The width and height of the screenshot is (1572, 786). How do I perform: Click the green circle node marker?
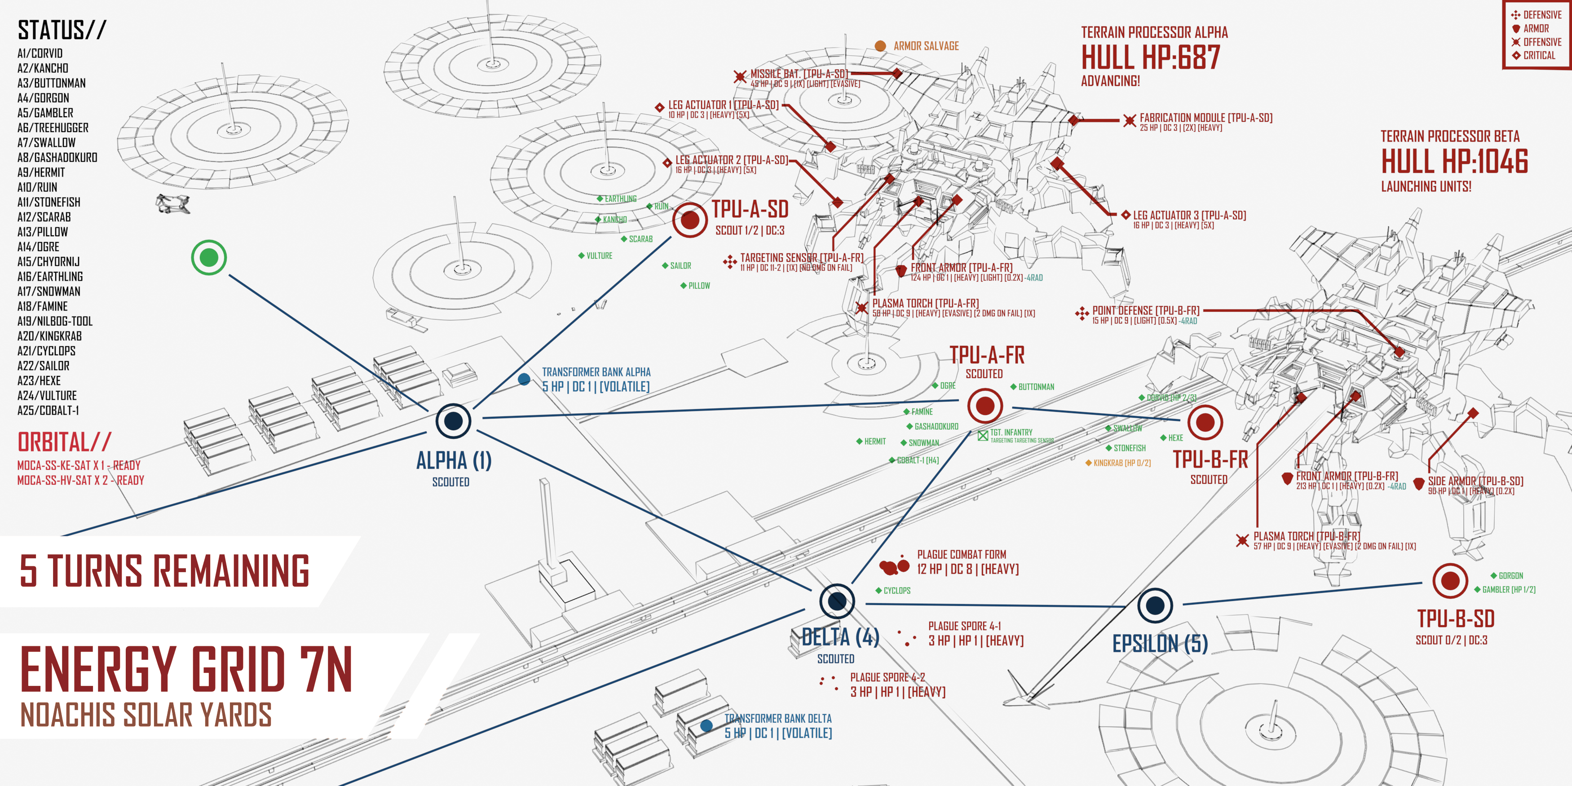click(209, 257)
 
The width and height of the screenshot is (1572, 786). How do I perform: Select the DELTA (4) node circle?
click(837, 601)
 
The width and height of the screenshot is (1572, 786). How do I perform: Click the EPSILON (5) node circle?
click(1155, 605)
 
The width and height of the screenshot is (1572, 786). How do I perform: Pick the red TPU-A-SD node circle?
click(689, 220)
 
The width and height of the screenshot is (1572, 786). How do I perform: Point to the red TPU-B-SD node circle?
click(1450, 580)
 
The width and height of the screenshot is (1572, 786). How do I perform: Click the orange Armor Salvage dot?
click(880, 46)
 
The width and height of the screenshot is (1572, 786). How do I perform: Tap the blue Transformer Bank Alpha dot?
click(524, 380)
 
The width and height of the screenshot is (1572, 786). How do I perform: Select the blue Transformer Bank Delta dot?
click(706, 725)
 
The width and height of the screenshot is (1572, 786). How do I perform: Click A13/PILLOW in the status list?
click(43, 232)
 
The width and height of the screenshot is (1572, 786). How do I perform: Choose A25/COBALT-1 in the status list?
click(48, 411)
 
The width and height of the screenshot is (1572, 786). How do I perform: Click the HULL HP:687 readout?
click(1150, 58)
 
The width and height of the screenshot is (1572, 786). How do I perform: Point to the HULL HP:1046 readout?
click(1454, 162)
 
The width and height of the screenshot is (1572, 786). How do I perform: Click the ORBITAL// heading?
click(65, 442)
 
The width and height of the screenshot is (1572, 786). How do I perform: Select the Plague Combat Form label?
click(961, 555)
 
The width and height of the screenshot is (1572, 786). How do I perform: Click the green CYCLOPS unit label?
click(896, 591)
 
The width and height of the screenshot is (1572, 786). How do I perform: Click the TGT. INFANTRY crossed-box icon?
click(983, 436)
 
